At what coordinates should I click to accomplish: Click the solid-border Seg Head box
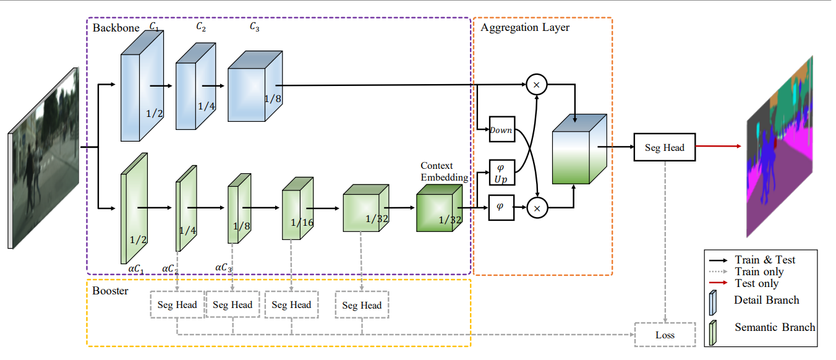coord(664,148)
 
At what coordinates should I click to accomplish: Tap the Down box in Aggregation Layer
coord(501,130)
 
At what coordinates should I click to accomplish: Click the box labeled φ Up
coord(501,173)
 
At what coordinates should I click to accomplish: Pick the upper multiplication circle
coord(537,84)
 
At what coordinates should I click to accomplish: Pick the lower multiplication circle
coord(537,208)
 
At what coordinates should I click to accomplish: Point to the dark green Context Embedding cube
coord(438,209)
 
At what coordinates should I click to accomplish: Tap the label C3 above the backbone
coord(254,27)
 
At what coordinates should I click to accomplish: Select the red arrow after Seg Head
coord(717,147)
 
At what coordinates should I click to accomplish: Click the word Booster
coord(110,290)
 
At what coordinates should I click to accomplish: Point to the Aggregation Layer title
coord(524,28)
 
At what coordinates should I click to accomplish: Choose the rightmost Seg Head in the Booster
coord(362,305)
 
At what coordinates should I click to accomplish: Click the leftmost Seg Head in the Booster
coord(177,304)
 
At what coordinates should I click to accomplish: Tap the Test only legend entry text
coord(757,283)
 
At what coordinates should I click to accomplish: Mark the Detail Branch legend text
coord(767,300)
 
